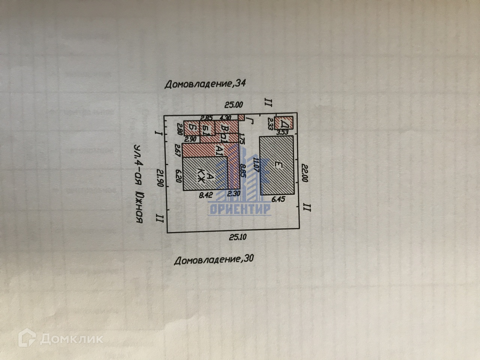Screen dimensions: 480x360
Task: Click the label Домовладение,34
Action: pyautogui.click(x=205, y=84)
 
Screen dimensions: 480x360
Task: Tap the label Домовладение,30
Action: pyautogui.click(x=214, y=259)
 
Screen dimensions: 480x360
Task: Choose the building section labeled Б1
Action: pyautogui.click(x=207, y=129)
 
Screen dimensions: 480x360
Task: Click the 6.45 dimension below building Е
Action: pyautogui.click(x=279, y=199)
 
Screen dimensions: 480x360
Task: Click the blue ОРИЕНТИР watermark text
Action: pyautogui.click(x=240, y=210)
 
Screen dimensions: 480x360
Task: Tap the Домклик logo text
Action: pyautogui.click(x=71, y=339)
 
